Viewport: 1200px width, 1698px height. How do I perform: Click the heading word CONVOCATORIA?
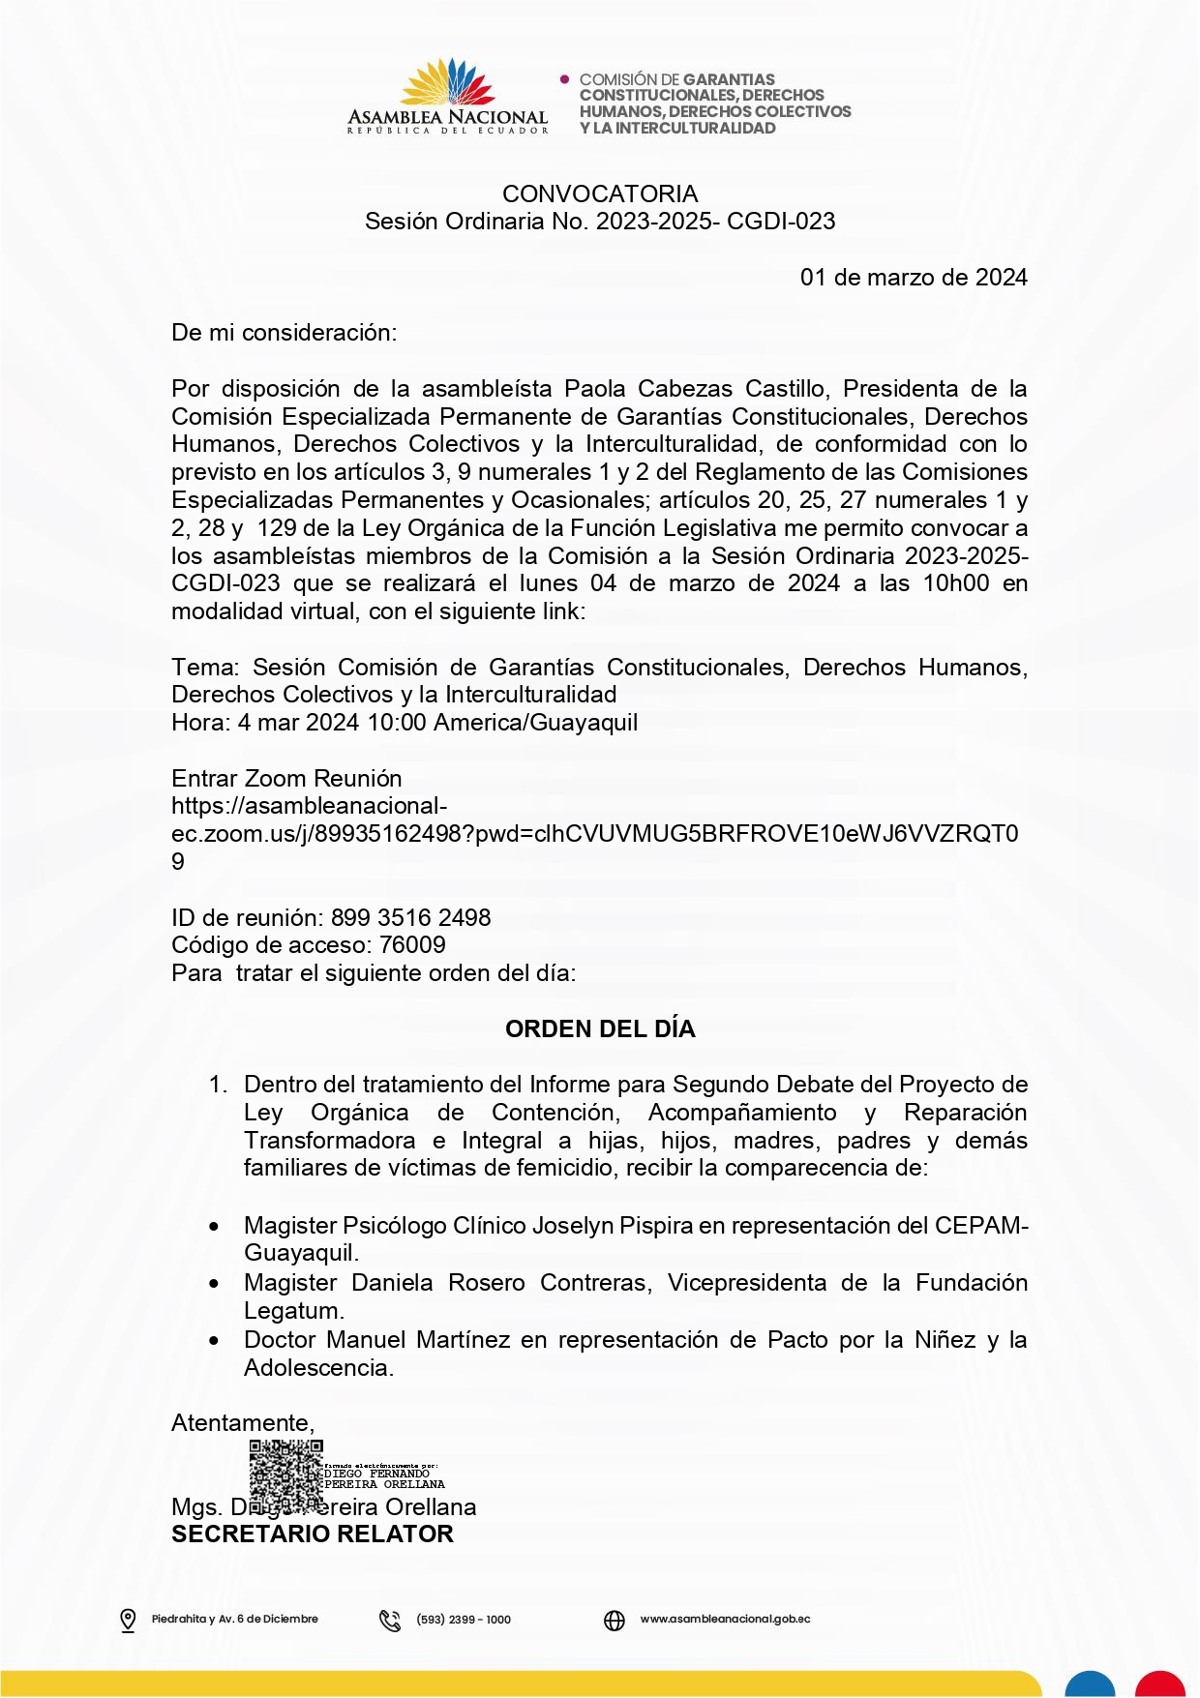coord(600,194)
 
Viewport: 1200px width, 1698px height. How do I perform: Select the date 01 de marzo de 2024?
coord(913,278)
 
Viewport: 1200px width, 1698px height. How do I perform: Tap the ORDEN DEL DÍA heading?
coord(600,1029)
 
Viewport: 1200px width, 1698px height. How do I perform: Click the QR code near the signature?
coord(285,1476)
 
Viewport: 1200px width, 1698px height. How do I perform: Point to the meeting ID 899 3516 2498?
coord(410,917)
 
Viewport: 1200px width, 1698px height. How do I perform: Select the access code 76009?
coord(412,945)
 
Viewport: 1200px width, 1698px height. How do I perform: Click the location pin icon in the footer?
coord(128,1620)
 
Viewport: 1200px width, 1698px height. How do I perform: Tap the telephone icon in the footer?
coord(390,1620)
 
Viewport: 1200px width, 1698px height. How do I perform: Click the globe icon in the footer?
coord(615,1620)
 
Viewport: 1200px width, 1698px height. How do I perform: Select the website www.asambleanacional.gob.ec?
coord(725,1619)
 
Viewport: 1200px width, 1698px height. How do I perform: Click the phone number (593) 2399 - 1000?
coord(464,1620)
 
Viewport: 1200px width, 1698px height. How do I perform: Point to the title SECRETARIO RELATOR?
coord(313,1534)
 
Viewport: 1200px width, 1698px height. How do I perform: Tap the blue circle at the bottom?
coord(1090,1684)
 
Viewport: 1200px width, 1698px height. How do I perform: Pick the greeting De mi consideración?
coord(284,333)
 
